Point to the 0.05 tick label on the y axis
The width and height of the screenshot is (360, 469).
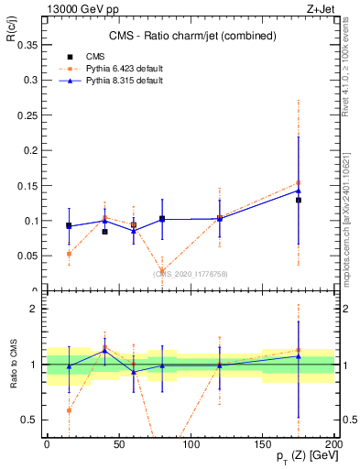26,256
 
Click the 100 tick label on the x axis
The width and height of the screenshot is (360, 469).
191,443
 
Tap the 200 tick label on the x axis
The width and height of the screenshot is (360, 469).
334,443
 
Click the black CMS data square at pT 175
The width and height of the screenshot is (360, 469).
299,200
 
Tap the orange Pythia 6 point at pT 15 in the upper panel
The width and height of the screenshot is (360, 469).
69,254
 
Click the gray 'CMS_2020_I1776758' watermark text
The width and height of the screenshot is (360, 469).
191,273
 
